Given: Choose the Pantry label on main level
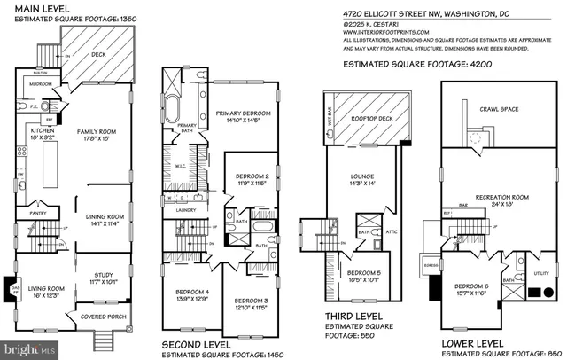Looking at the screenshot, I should click(x=36, y=212).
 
